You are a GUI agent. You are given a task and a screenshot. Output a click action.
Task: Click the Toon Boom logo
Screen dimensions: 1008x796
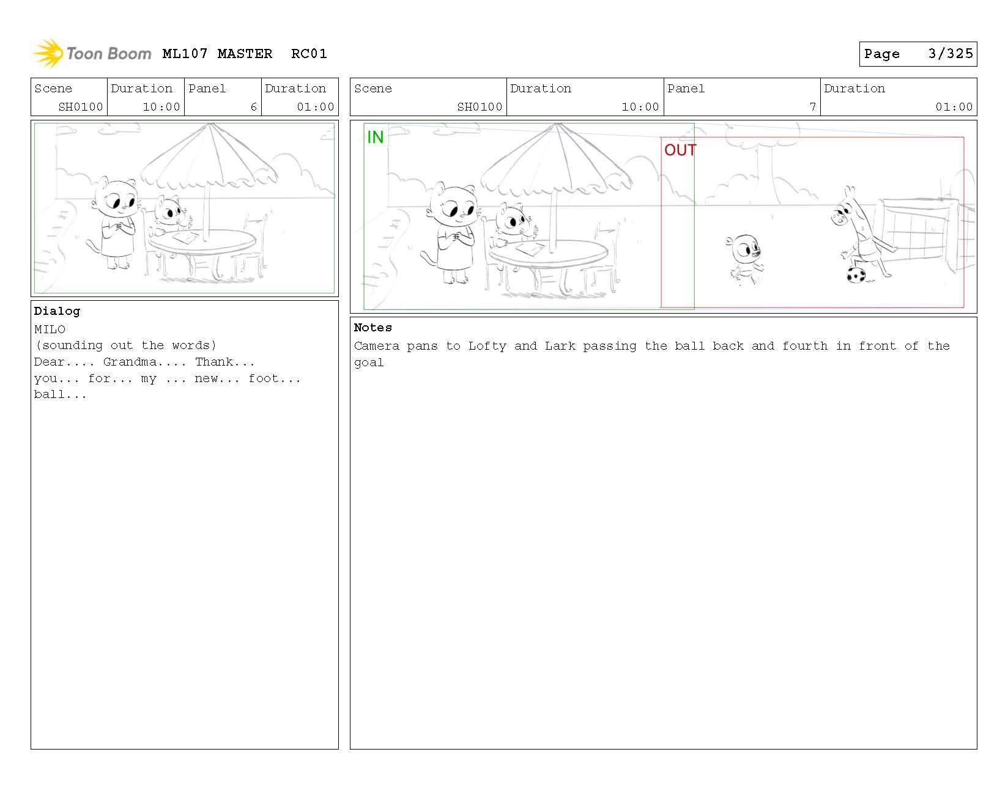[x=92, y=53]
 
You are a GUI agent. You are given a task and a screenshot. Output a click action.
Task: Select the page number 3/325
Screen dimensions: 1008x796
[x=950, y=54]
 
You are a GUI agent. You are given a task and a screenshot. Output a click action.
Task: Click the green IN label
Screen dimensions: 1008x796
[x=375, y=137]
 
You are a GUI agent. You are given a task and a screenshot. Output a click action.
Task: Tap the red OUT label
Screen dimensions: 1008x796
[x=680, y=150]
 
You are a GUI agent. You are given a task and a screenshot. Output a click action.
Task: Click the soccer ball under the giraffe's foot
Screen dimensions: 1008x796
[x=856, y=275]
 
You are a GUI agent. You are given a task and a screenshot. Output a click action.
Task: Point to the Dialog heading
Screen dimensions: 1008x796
[x=57, y=311]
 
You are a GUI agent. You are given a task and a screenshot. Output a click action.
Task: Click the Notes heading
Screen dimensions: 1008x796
[x=372, y=328]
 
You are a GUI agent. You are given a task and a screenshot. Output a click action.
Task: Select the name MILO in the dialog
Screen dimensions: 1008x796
[x=50, y=330]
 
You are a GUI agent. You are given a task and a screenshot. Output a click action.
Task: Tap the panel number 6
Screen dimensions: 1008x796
[x=253, y=107]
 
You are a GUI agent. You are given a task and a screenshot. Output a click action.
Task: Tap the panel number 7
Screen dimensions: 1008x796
[x=812, y=107]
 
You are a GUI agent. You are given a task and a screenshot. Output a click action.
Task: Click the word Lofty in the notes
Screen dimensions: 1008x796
[x=487, y=346]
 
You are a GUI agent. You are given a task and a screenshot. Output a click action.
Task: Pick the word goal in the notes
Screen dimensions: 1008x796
[x=369, y=363]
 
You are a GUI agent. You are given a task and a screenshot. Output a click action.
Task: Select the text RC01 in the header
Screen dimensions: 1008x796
[x=309, y=54]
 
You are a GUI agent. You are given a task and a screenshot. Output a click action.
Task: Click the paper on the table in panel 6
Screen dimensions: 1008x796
[x=185, y=237]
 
